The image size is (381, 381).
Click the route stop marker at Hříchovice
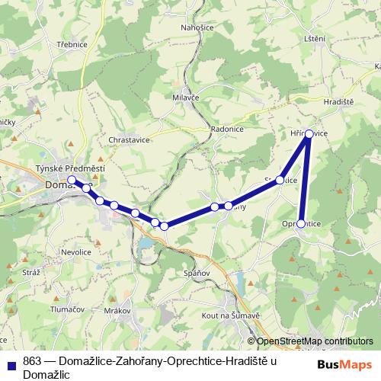309,134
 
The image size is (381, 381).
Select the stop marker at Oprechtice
301,224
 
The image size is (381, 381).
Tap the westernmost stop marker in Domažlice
72,180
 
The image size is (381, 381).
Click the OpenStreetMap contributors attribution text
313,342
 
